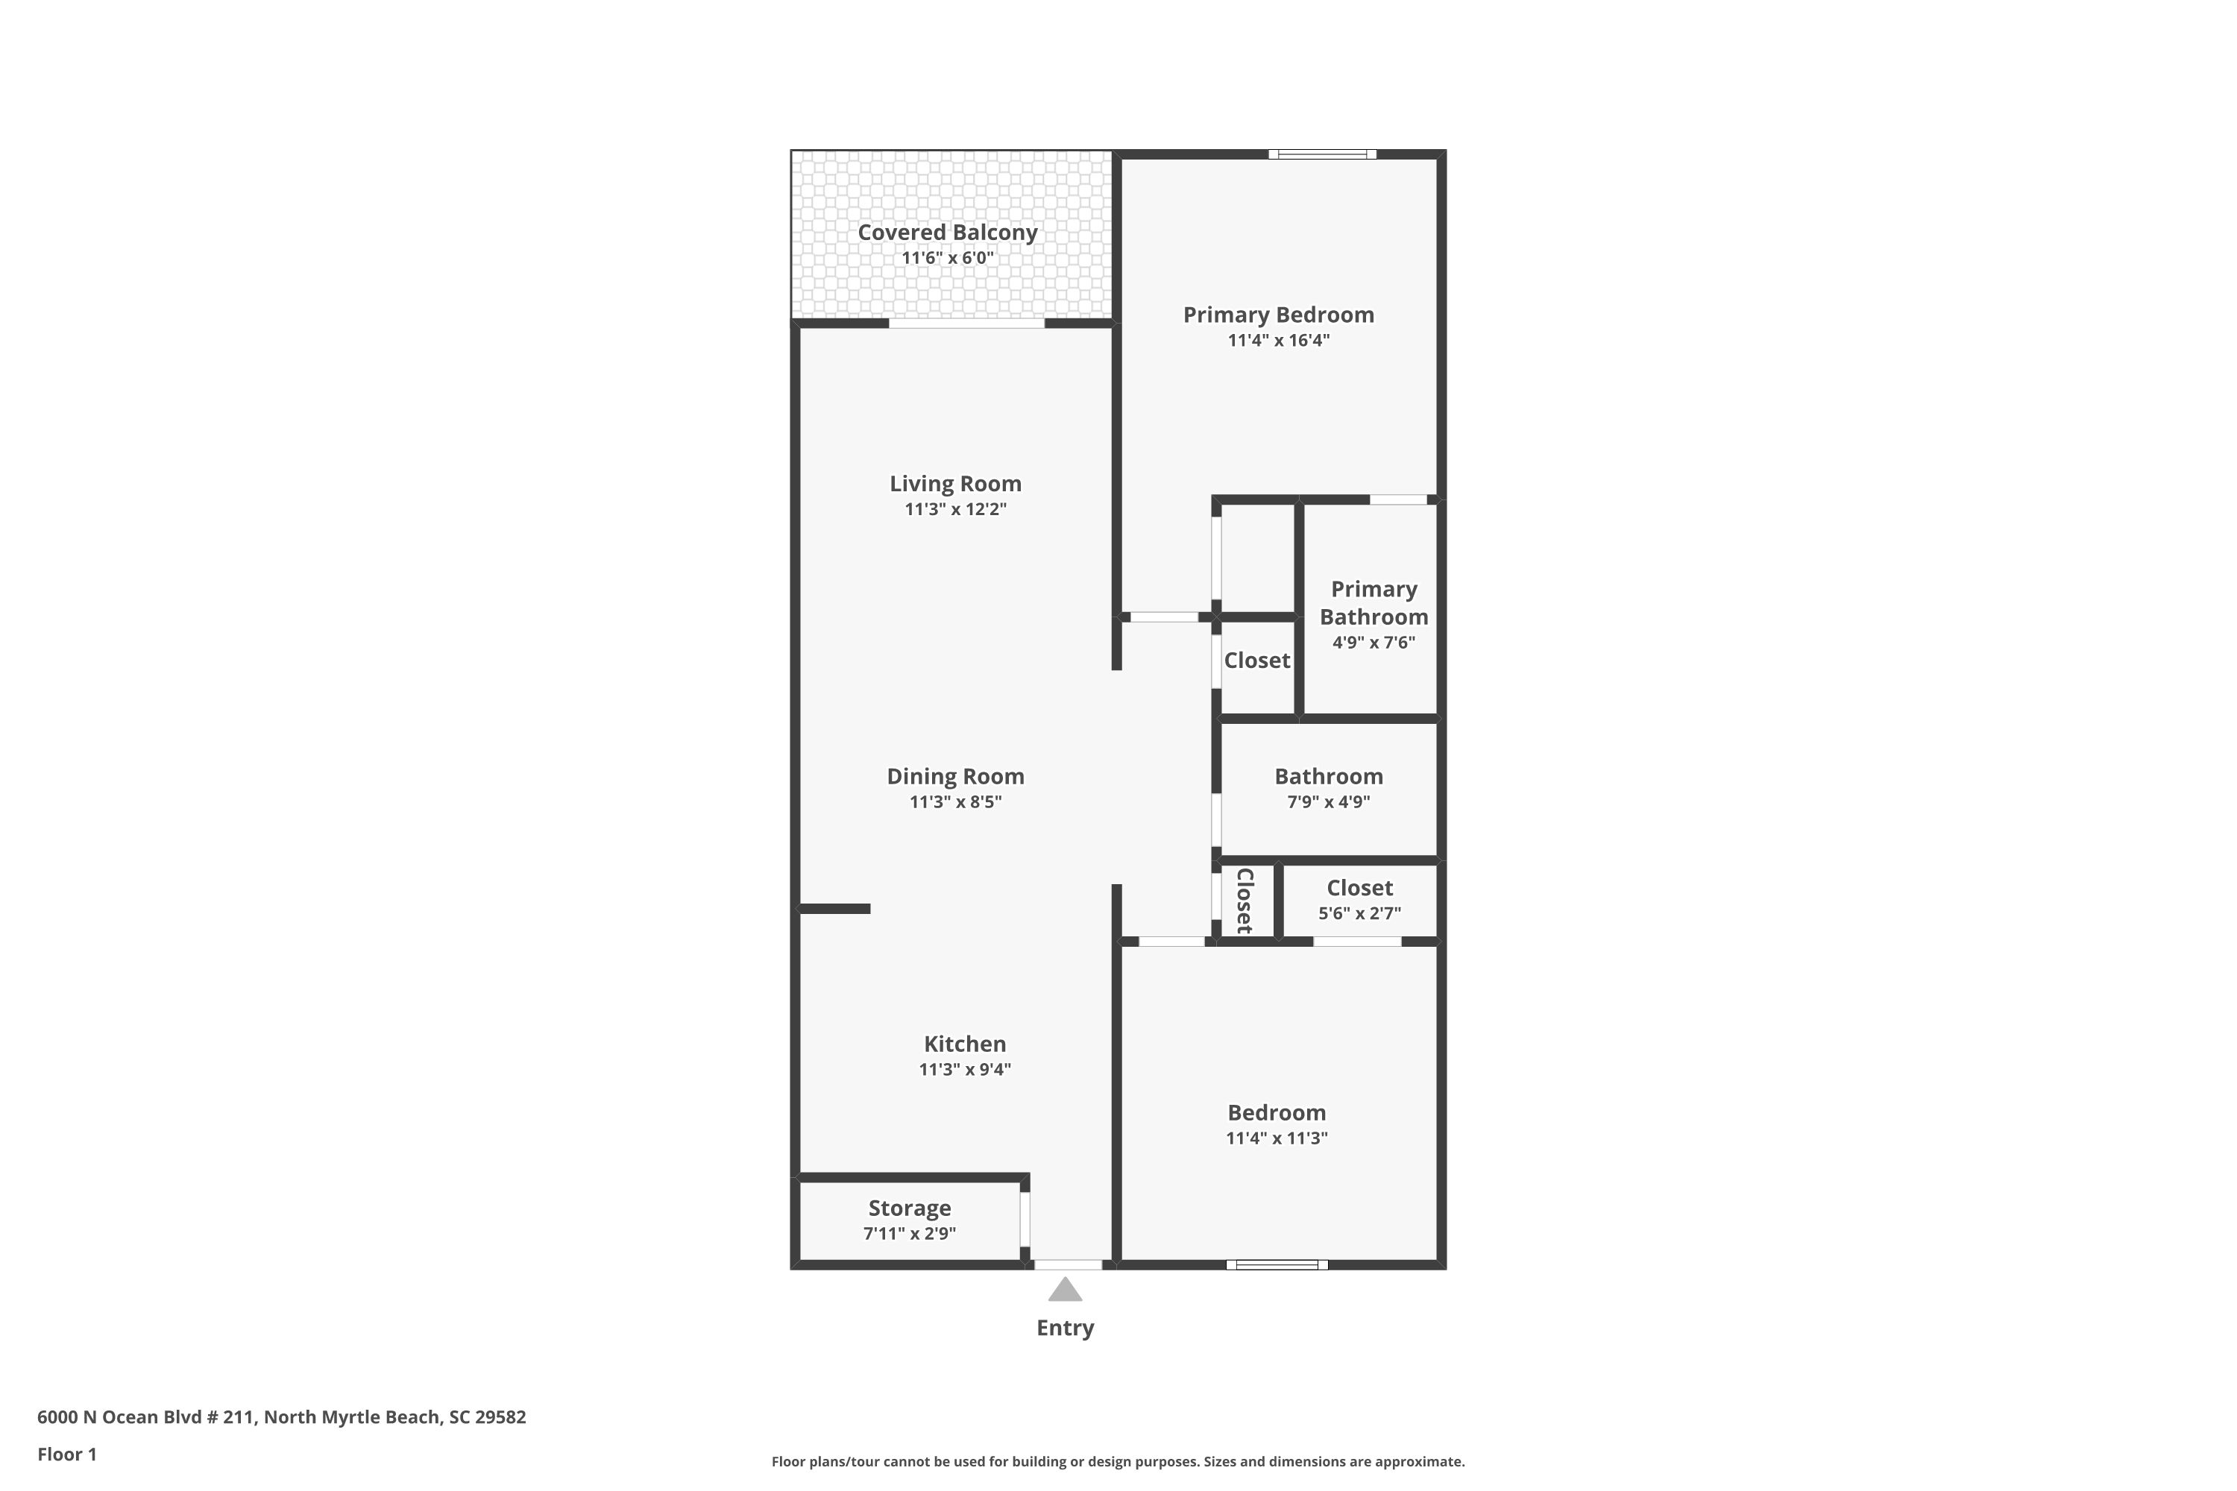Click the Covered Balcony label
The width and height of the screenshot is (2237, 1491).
coord(947,233)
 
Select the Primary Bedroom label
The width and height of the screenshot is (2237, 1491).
coord(1278,315)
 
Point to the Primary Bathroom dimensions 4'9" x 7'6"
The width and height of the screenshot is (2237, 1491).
coord(1374,643)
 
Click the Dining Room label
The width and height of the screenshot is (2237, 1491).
coord(955,777)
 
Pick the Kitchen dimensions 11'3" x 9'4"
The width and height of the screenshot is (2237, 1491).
coord(964,1070)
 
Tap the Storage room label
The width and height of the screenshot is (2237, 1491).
coord(909,1208)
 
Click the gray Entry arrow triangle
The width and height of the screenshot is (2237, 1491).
coord(1066,1290)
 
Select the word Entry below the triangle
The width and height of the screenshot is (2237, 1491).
coord(1066,1328)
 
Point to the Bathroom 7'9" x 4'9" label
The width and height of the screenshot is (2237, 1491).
coord(1329,788)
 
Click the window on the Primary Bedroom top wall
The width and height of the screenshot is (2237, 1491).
coord(1322,154)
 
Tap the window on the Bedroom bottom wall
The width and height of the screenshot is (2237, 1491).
coord(1277,1264)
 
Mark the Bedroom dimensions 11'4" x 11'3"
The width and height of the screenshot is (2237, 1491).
coord(1277,1138)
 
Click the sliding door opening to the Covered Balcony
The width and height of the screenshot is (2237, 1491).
coord(966,324)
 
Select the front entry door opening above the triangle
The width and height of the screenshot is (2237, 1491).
coord(1067,1264)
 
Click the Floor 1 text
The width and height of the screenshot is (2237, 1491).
coord(66,1454)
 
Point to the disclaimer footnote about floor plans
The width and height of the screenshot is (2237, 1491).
coord(1118,1461)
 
